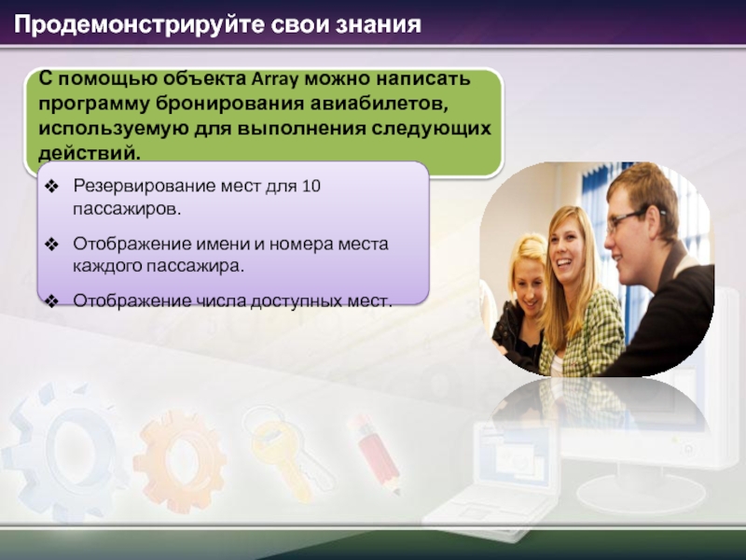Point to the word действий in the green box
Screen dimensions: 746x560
[x=90, y=153]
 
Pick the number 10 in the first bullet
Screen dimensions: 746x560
[x=311, y=186]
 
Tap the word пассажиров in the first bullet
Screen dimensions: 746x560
[x=127, y=209]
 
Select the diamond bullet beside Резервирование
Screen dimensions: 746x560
[x=51, y=186]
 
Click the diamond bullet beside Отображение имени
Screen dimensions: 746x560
[x=51, y=245]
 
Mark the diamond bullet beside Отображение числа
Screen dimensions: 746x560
[x=51, y=301]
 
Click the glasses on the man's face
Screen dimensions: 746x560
[x=631, y=219]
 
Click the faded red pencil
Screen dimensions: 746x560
[x=376, y=453]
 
